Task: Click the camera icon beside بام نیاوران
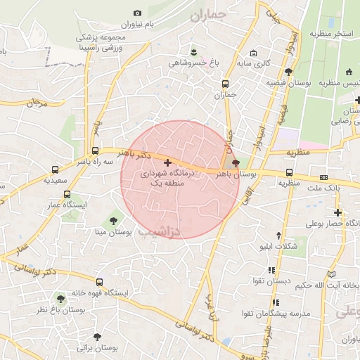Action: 137,13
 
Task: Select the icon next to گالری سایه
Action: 253,53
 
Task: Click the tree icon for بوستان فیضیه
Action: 289,71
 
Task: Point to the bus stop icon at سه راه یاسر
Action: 95,150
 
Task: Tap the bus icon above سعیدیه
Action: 56,169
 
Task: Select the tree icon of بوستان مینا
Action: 113,221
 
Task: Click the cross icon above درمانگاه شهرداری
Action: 167,162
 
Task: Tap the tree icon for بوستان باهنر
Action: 236,163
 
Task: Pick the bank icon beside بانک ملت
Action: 323,177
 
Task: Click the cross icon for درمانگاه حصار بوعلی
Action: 338,212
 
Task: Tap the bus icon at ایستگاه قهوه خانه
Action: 98,282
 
